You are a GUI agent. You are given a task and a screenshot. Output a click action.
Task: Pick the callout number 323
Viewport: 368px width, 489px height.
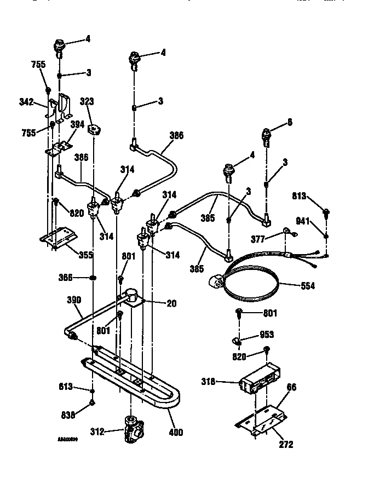(87, 101)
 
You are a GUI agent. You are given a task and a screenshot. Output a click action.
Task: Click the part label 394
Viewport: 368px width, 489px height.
(77, 124)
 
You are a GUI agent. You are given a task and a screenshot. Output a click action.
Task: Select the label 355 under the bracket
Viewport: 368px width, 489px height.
(85, 255)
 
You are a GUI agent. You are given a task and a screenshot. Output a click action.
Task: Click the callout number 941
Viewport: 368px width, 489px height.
(303, 222)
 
